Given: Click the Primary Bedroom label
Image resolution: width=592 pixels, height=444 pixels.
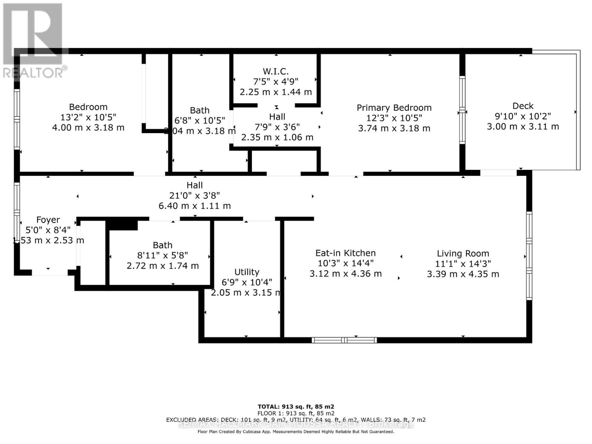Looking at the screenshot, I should pos(394,108).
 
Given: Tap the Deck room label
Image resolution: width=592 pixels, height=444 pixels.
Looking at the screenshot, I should pos(523,106).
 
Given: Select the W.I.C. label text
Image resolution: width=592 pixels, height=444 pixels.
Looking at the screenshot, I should pos(276,71).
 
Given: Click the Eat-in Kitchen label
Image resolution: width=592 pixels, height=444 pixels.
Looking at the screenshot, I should pos(345,253).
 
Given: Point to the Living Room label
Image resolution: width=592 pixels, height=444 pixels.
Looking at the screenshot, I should pos(463,253).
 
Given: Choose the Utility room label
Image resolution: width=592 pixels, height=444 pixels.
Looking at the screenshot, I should pos(247,272).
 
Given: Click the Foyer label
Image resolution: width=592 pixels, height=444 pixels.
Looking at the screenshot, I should pos(48,220).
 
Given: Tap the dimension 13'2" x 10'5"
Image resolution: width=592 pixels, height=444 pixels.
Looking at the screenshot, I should pos(88,117).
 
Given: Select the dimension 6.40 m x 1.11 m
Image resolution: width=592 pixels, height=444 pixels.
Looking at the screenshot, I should pos(195,206).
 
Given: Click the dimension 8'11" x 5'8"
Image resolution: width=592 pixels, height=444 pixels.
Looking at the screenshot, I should pos(162,255).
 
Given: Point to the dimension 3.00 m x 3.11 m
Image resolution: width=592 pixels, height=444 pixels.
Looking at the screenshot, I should pos(523,127).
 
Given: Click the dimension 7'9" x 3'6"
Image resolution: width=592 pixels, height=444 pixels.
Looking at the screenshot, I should pos(277,127).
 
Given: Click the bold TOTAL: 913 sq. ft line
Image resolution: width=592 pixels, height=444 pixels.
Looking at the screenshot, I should pos(296,407).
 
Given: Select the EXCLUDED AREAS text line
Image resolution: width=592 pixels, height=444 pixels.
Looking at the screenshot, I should pos(296,420).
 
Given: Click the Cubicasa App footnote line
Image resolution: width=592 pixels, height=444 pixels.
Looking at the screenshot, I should pos(296,431).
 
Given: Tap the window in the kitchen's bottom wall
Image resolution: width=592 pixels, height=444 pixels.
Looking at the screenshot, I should pos(344,340).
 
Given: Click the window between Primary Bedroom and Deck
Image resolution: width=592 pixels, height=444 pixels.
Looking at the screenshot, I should pos(462,110).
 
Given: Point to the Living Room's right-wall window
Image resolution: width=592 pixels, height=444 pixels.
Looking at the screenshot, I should pos(529,256).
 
